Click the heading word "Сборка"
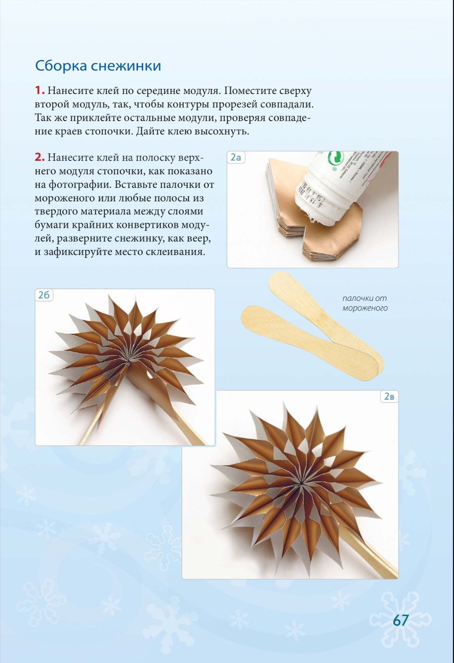pos(61,66)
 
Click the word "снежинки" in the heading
pos(126,66)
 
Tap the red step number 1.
pos(40,91)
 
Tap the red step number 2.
pos(40,158)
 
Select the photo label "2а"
pos(236,157)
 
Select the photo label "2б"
pos(44,295)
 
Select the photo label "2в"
pos(389,397)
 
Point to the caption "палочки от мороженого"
pos(365,303)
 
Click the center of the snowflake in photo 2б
pos(128,360)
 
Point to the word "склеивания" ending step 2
pos(172,252)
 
